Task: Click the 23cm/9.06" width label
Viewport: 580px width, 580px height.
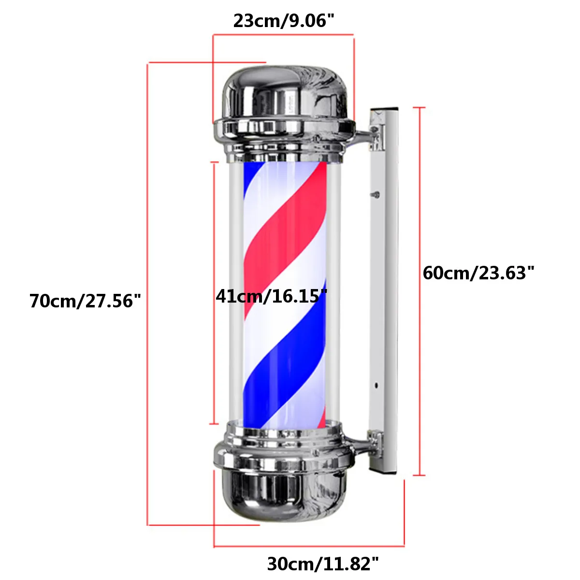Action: (x=284, y=21)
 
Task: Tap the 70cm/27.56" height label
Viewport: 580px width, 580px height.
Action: (x=85, y=301)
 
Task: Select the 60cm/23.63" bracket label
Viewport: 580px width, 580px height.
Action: (x=478, y=273)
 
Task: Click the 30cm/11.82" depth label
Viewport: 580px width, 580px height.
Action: (x=323, y=564)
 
